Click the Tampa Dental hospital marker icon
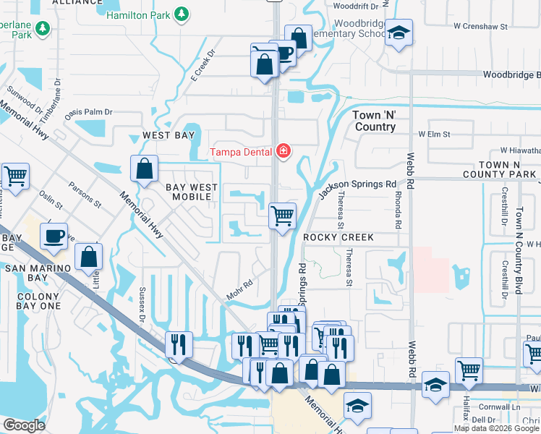click(284, 151)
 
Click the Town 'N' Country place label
click(374, 121)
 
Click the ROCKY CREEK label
click(338, 237)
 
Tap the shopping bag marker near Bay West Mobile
click(145, 169)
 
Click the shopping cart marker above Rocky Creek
click(282, 215)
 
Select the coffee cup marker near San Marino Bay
click(54, 237)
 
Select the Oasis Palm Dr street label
click(89, 112)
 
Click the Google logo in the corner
click(24, 425)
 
